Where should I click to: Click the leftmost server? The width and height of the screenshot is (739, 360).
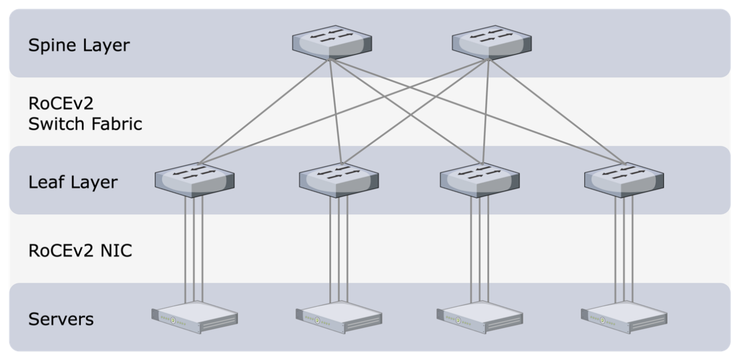(x=194, y=319)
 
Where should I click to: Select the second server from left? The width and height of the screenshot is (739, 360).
(x=338, y=319)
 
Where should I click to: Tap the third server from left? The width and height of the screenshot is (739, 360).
(x=479, y=319)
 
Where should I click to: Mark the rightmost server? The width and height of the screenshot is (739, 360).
(x=623, y=319)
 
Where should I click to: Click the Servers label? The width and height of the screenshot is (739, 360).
(x=61, y=319)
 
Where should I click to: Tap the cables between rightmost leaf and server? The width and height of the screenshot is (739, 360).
(x=624, y=248)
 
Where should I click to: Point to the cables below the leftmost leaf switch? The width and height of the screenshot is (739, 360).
(x=194, y=248)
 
